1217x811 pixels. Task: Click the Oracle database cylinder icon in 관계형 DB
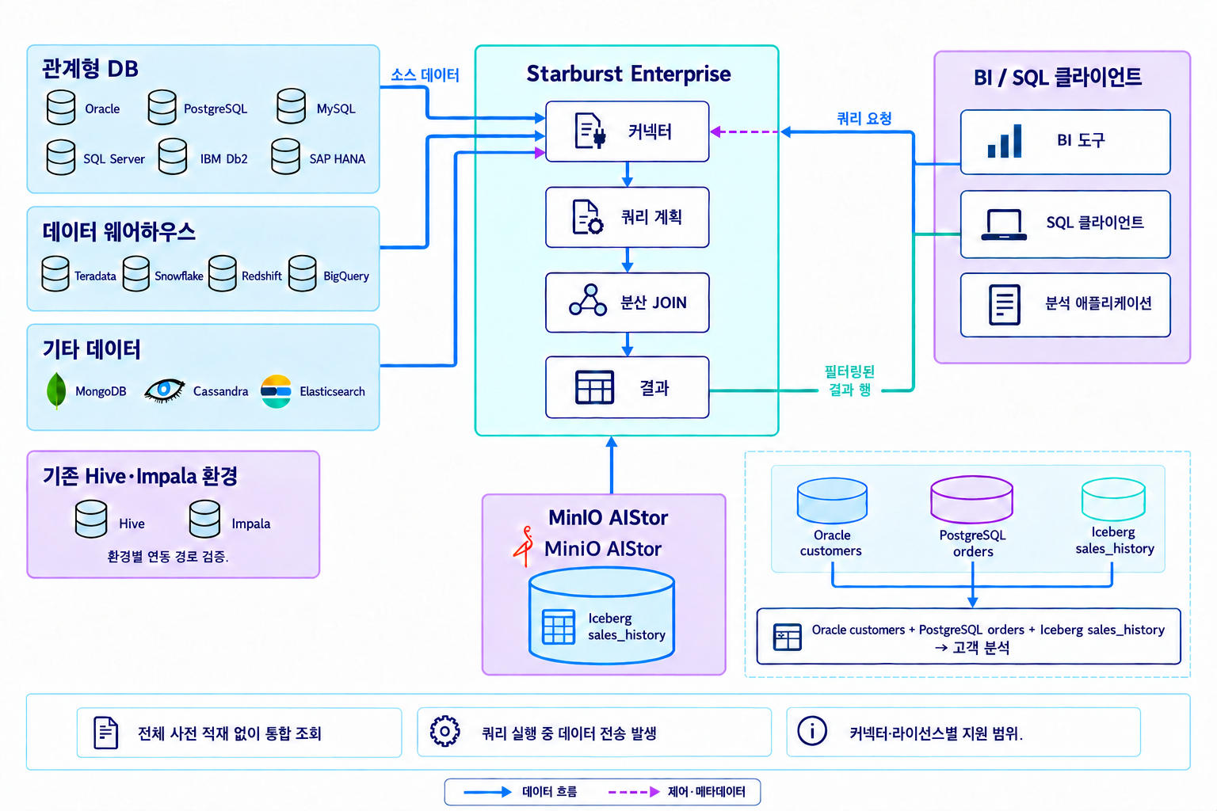tap(61, 108)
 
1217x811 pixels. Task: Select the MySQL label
tap(336, 109)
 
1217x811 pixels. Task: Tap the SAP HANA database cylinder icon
tap(286, 157)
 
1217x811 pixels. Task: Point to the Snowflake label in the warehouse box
tap(179, 276)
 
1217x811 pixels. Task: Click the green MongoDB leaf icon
tap(56, 390)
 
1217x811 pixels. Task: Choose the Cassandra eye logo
tap(164, 390)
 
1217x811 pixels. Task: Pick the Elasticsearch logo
tap(276, 391)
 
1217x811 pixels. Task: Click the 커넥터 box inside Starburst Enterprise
tap(627, 131)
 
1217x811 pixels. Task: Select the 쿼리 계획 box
tap(627, 217)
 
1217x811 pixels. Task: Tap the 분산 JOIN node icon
tap(588, 300)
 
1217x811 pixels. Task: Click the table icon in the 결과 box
tap(594, 387)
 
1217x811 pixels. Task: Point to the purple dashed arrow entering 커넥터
tap(745, 132)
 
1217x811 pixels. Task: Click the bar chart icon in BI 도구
tap(1005, 141)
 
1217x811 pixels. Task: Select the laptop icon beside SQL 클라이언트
tap(1004, 224)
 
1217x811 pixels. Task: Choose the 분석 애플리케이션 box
tap(1066, 305)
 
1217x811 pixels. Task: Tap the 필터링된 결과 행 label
tap(849, 381)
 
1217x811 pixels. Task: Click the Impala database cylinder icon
tap(205, 520)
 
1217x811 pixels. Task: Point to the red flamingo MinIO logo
tap(524, 546)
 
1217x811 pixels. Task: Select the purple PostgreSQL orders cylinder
tap(972, 499)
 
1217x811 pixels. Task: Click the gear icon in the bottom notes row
tap(445, 731)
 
